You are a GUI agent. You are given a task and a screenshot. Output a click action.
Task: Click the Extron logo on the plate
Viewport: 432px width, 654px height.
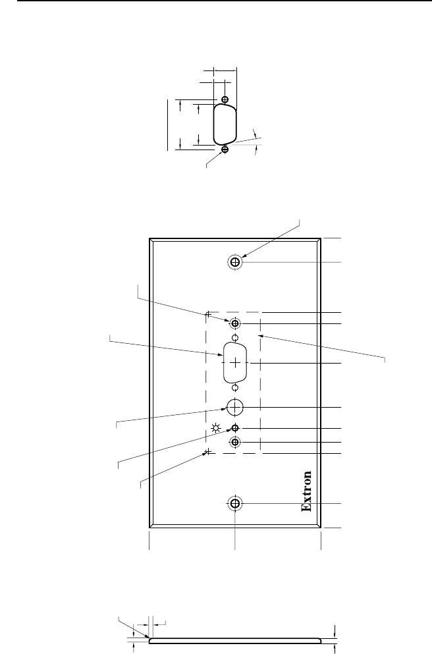coord(306,491)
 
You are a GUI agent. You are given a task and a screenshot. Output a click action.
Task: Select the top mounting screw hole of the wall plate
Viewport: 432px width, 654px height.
coord(235,262)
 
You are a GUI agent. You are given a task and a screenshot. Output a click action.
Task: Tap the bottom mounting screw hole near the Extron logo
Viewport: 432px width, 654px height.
coord(235,504)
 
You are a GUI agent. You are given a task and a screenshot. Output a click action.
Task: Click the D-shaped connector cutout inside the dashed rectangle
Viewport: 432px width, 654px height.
coord(235,364)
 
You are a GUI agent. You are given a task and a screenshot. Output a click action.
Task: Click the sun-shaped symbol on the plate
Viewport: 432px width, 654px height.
coord(216,431)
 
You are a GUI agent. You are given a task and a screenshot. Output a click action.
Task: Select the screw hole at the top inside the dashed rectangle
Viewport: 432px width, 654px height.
coord(235,323)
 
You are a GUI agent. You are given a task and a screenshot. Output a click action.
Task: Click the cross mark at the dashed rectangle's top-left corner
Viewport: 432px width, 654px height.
coord(207,313)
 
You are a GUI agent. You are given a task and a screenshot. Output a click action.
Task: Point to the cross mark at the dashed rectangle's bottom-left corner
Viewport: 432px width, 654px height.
coord(207,452)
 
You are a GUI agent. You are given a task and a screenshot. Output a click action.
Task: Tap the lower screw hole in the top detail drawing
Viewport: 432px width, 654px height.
coord(225,150)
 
